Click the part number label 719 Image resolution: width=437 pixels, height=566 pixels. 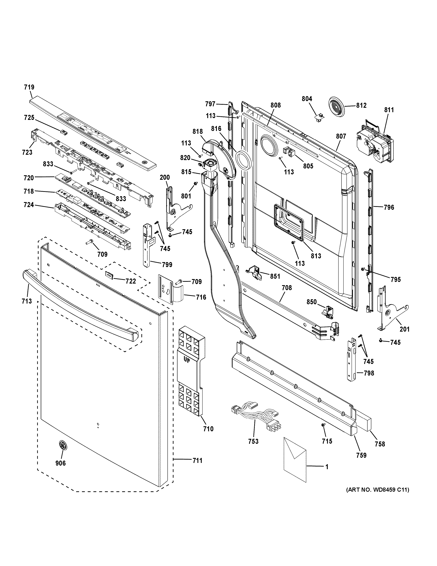(29, 87)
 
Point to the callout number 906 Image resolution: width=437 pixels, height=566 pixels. (61, 463)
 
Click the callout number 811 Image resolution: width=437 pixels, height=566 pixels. (389, 110)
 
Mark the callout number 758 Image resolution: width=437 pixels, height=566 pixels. (380, 444)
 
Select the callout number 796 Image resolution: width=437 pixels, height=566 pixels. (389, 207)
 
